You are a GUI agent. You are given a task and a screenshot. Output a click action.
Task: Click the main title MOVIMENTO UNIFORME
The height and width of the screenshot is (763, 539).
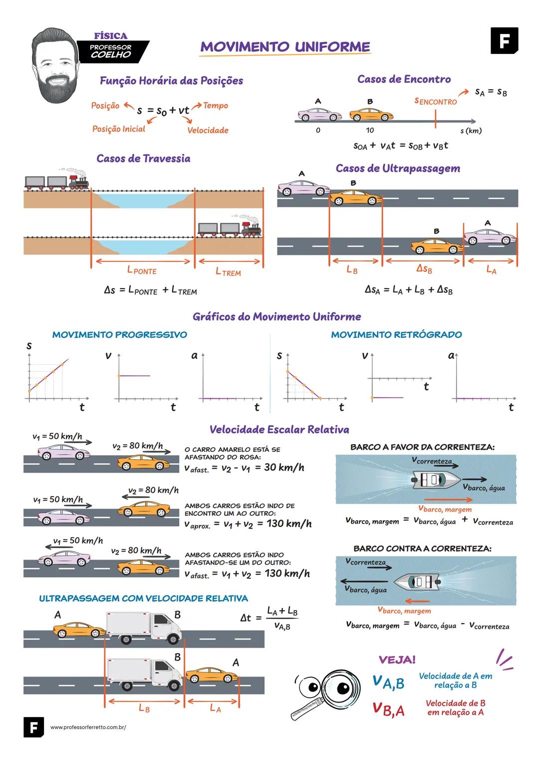click(x=285, y=47)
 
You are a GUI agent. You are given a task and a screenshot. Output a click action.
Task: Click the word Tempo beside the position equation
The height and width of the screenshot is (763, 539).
click(x=216, y=105)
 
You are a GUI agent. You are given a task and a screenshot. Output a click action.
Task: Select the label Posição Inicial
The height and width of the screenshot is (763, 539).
click(x=119, y=129)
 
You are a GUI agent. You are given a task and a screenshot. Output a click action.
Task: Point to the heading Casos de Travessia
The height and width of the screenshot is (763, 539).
click(x=143, y=158)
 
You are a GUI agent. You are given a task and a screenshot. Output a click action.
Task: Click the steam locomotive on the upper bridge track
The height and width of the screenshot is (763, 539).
click(x=78, y=183)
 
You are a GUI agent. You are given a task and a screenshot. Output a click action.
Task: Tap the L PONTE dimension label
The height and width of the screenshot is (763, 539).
click(x=142, y=270)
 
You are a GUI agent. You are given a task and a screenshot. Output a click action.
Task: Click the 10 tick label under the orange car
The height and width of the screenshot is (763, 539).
click(x=369, y=130)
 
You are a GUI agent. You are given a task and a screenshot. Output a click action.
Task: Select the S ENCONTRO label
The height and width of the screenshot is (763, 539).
click(x=436, y=101)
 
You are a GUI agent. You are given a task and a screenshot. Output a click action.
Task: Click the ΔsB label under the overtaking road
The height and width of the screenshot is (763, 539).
click(x=424, y=269)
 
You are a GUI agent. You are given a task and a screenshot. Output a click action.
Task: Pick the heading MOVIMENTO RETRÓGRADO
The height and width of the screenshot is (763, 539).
click(x=396, y=335)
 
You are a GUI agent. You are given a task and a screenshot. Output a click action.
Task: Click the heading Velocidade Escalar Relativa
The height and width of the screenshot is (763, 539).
click(x=279, y=430)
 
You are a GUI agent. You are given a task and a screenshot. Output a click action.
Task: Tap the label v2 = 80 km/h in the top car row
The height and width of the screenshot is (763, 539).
click(x=137, y=446)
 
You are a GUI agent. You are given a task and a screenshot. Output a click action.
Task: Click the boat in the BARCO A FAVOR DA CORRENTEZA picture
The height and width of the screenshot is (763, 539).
click(x=436, y=481)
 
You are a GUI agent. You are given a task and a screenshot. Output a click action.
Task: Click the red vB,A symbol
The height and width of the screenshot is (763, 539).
click(x=388, y=709)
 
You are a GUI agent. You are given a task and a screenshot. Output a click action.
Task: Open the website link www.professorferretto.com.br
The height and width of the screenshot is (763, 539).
click(x=88, y=728)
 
